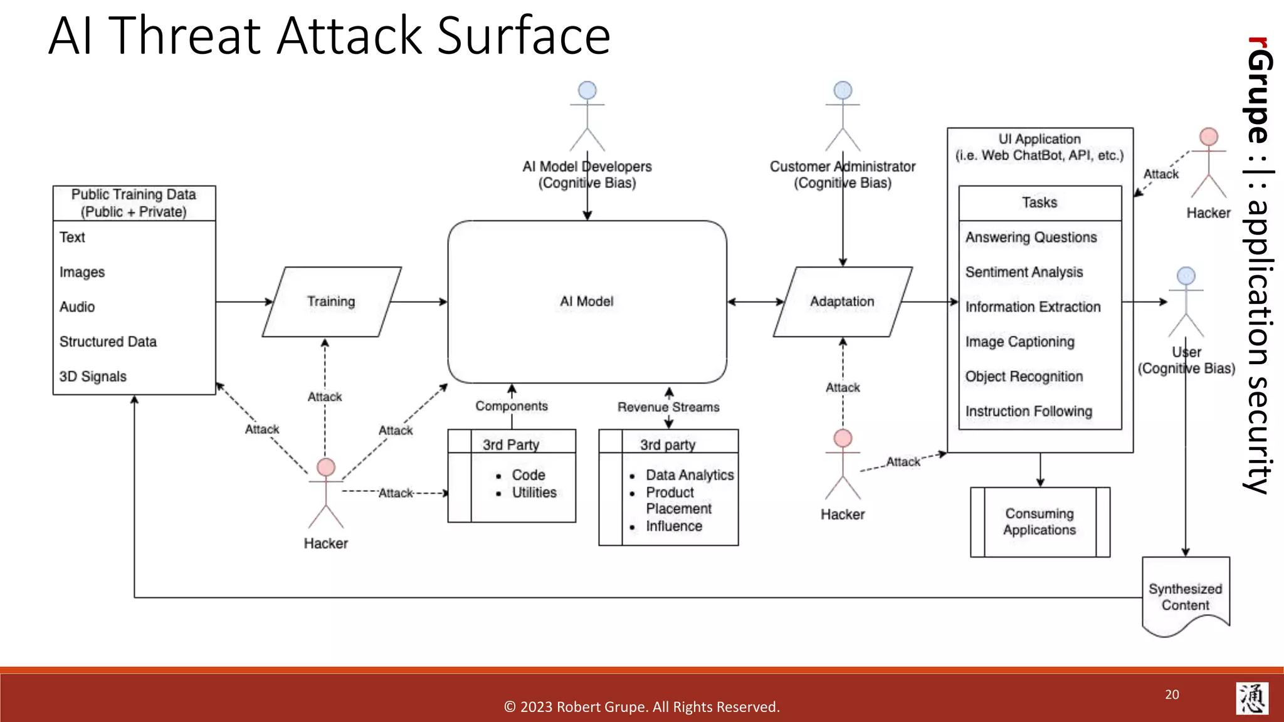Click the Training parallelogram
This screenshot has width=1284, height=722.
point(331,301)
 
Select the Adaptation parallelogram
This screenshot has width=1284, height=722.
point(842,301)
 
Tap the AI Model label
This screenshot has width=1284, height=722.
point(587,301)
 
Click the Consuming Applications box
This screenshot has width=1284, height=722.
point(1039,521)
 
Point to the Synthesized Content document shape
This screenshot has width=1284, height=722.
point(1185,597)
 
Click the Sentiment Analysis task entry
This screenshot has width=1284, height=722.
point(1024,272)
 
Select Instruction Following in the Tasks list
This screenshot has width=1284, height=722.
point(1028,411)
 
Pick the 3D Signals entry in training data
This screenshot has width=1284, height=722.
point(93,377)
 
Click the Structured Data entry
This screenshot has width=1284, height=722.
point(108,342)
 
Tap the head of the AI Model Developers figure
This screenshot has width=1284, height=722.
point(587,90)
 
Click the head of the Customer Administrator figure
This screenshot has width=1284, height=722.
point(843,90)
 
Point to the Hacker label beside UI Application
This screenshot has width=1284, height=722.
point(1208,213)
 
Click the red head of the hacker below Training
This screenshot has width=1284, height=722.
point(326,467)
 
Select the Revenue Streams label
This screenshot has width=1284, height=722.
point(668,407)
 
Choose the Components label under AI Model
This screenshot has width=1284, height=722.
point(512,406)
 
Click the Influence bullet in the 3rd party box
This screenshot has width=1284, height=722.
point(674,526)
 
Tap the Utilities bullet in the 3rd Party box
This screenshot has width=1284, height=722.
point(534,493)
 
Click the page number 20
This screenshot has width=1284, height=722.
point(1172,694)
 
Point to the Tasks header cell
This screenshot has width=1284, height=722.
point(1039,202)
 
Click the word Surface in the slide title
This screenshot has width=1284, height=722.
point(524,36)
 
